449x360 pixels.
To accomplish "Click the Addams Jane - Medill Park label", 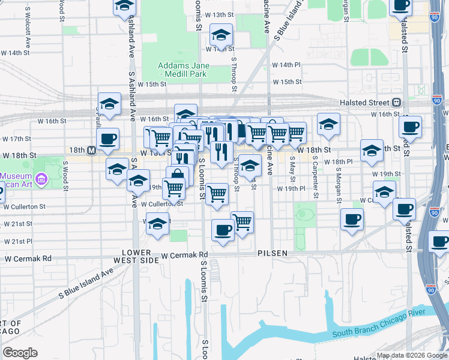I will click(182, 70).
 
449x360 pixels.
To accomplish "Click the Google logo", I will click(20, 353).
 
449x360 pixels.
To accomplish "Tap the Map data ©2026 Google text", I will click(410, 355).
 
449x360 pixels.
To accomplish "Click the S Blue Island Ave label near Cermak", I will click(86, 284).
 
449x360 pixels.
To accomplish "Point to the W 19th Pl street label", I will click(292, 188).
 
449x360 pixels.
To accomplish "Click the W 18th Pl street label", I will click(338, 162).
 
